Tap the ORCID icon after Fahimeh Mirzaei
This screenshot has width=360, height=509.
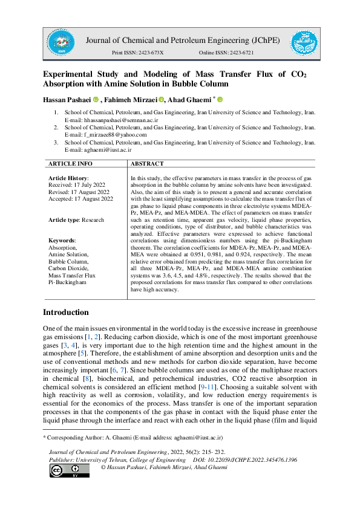pyautogui.click(x=162, y=99)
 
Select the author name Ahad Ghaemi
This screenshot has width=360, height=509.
pyautogui.click(x=191, y=99)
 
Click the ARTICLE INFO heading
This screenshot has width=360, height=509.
pyautogui.click(x=70, y=163)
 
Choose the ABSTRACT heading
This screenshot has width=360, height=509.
pyautogui.click(x=147, y=163)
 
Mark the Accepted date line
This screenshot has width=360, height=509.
pyautogui.click(x=80, y=198)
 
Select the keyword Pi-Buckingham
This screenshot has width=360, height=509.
pyautogui.click(x=68, y=281)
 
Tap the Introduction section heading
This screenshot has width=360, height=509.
pyautogui.click(x=65, y=312)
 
